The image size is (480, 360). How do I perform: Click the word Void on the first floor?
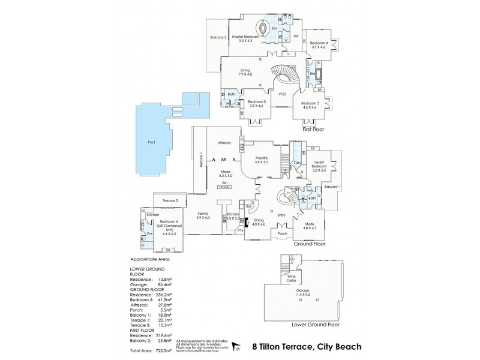tap(283, 94)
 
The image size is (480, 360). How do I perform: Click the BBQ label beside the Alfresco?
tap(242, 145)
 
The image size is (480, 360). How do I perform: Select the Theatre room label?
tap(261, 159)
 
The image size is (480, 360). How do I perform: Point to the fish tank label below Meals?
tap(226, 184)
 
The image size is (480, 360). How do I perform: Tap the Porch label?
tap(282, 233)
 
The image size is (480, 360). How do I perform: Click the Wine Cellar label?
tap(291, 279)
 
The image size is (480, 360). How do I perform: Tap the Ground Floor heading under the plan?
tap(309, 245)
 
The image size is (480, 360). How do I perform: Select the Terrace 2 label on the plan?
tap(170, 200)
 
